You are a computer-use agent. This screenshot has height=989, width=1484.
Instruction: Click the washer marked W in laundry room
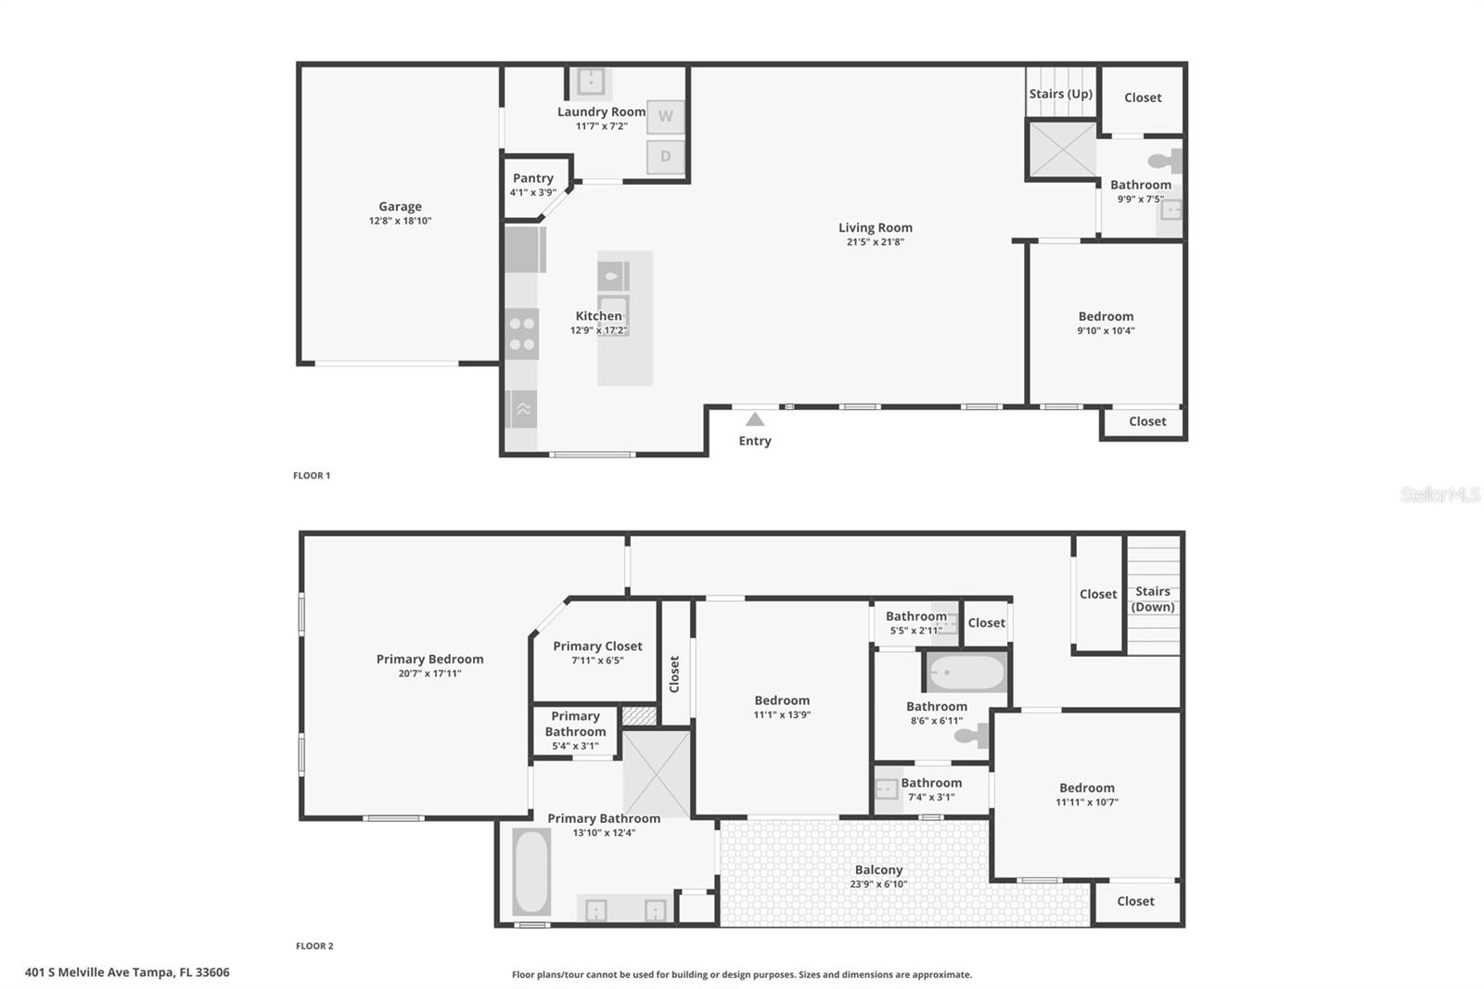tap(665, 117)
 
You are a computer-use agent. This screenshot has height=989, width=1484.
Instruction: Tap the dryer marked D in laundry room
tap(665, 157)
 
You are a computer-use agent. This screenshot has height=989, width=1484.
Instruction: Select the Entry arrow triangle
tap(755, 419)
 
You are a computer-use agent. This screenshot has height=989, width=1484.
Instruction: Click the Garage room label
tap(400, 207)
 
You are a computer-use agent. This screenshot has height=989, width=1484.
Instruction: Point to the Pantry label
tap(532, 178)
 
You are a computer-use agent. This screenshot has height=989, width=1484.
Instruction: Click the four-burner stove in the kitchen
tap(522, 334)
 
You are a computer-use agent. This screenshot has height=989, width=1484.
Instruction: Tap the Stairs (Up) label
tap(1060, 94)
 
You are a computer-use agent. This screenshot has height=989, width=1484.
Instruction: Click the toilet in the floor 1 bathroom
tap(1166, 161)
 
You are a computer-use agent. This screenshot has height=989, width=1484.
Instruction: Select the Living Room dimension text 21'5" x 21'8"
tap(875, 242)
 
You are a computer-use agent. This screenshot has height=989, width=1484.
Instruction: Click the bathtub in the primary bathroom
tap(531, 872)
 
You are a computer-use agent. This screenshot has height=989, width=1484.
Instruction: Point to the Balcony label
tap(878, 870)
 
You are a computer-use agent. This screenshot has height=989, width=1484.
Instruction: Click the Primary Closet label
tap(597, 647)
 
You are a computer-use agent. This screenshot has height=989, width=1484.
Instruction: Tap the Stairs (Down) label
tap(1153, 598)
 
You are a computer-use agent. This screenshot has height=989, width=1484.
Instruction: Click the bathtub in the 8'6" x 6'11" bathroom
tap(966, 673)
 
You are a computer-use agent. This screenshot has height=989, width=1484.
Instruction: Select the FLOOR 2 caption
tap(314, 946)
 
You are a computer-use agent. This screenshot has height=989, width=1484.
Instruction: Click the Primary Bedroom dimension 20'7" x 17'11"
tap(429, 674)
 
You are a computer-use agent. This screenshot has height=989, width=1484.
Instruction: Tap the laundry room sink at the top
tap(590, 82)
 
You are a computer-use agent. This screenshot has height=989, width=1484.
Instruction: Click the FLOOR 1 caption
tap(312, 476)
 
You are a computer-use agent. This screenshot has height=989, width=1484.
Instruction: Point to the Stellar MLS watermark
tap(1439, 494)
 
